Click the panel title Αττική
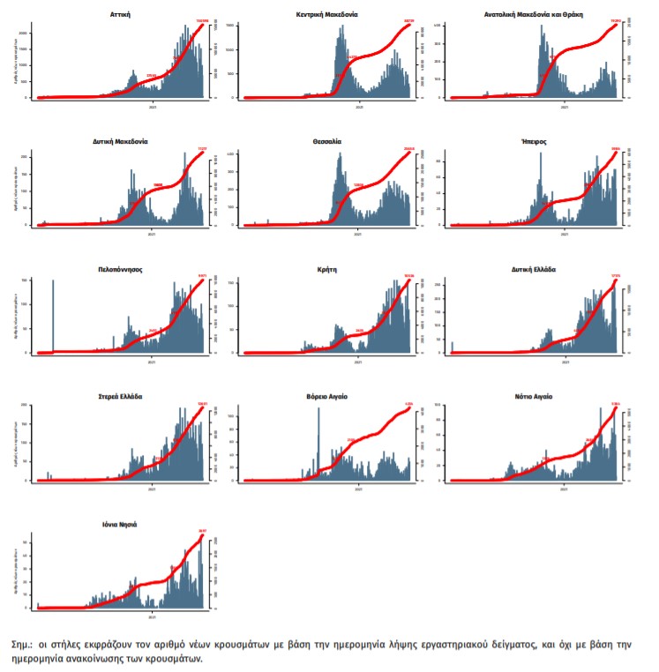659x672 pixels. tap(122, 15)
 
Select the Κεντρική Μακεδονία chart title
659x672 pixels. tap(327, 15)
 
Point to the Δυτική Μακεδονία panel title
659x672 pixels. tap(120, 141)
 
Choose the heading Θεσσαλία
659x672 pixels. tap(327, 141)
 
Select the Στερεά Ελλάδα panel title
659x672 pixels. tap(120, 397)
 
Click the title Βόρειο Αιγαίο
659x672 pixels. tap(327, 397)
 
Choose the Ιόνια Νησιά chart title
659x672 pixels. tap(120, 525)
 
